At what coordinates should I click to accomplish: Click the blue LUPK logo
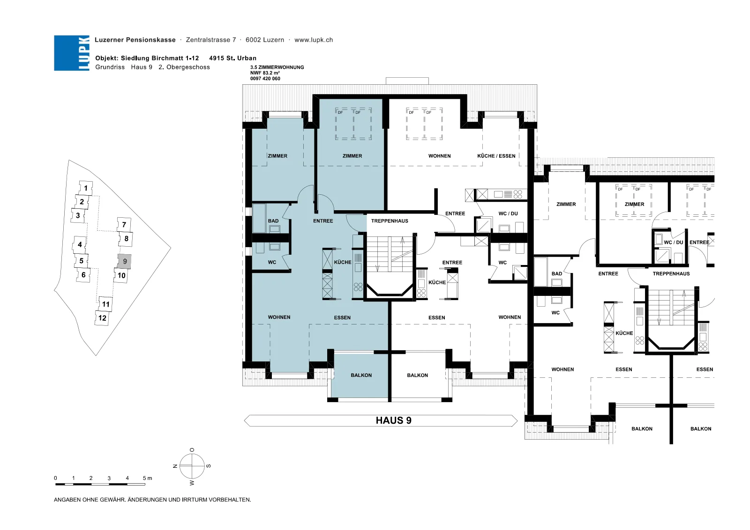click(x=72, y=53)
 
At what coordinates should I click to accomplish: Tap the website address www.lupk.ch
click(x=314, y=40)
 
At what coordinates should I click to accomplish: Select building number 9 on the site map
click(x=125, y=261)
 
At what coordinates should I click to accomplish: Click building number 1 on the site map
click(x=86, y=188)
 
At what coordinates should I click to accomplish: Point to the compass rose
click(x=192, y=466)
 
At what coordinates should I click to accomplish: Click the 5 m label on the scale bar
click(x=147, y=478)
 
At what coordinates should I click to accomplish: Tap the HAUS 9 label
click(x=393, y=420)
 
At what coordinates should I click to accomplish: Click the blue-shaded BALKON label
click(x=361, y=375)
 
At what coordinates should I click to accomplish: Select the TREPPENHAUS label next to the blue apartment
click(x=390, y=221)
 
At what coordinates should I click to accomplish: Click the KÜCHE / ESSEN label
click(x=496, y=156)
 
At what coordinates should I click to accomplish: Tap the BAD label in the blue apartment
click(x=273, y=221)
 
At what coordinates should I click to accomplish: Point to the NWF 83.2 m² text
click(x=265, y=73)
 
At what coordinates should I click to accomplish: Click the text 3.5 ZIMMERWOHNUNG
click(x=277, y=67)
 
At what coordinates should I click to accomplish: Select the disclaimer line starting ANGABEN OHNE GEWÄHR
click(x=152, y=500)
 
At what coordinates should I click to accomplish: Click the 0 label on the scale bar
click(x=56, y=478)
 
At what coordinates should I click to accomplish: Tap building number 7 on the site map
click(x=124, y=225)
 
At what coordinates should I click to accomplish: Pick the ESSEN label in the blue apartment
click(x=342, y=317)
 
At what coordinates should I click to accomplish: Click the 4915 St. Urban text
click(x=232, y=58)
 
